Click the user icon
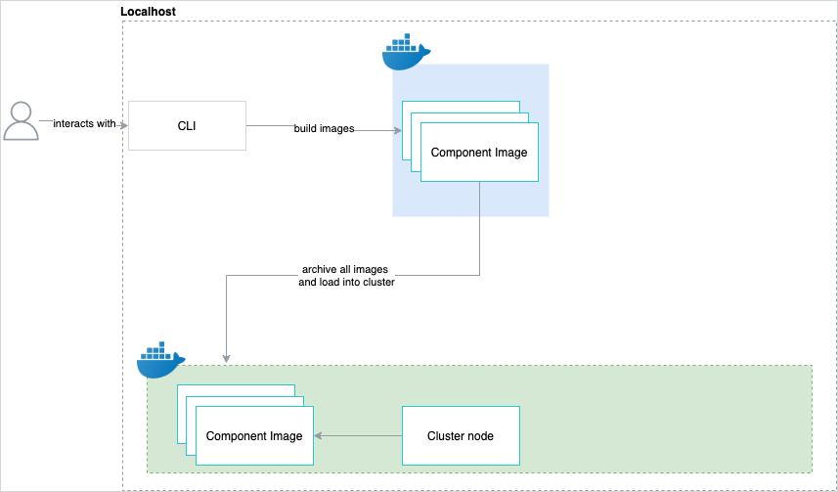(x=21, y=121)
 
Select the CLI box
(x=187, y=125)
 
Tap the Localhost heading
(x=148, y=11)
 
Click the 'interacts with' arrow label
(x=84, y=123)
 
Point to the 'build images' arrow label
(x=324, y=128)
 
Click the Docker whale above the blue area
(x=406, y=52)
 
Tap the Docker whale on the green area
(x=161, y=359)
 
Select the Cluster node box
(x=461, y=436)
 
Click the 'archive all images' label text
(x=345, y=270)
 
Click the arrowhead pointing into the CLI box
(x=124, y=125)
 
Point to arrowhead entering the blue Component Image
(x=398, y=130)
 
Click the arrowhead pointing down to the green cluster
(x=227, y=359)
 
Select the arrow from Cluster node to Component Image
(x=358, y=436)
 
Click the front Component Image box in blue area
(x=479, y=152)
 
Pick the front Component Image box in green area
(x=254, y=436)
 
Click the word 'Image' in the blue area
(x=511, y=153)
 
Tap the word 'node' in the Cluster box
(x=480, y=436)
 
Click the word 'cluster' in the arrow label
(x=378, y=282)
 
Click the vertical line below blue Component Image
(x=479, y=228)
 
